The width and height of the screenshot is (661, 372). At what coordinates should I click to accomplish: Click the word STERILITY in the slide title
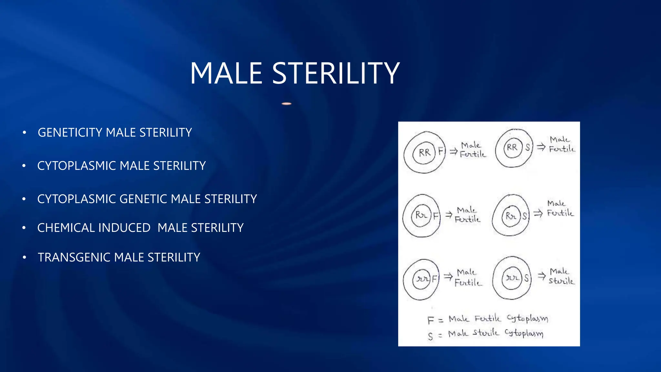(336, 74)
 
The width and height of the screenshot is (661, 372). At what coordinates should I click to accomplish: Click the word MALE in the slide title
(226, 74)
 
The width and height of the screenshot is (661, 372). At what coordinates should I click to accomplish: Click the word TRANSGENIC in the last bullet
(74, 257)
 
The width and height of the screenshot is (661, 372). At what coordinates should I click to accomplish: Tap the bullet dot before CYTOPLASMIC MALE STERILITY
(24, 166)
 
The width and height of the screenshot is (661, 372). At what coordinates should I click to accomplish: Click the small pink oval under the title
(287, 104)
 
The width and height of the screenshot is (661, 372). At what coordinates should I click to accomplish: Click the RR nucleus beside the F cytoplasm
(424, 152)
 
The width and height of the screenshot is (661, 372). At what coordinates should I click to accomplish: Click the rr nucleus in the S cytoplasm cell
(512, 278)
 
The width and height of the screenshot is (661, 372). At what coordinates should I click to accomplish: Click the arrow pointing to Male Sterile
(541, 275)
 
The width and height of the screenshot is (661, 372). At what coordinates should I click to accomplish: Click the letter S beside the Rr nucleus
(525, 216)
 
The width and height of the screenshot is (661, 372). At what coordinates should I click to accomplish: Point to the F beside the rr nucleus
(434, 278)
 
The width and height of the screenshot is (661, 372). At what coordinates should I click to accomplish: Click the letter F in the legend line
(430, 320)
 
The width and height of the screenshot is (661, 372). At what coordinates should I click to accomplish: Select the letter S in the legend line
(430, 336)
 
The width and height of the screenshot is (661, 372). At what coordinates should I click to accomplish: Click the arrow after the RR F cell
(453, 151)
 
